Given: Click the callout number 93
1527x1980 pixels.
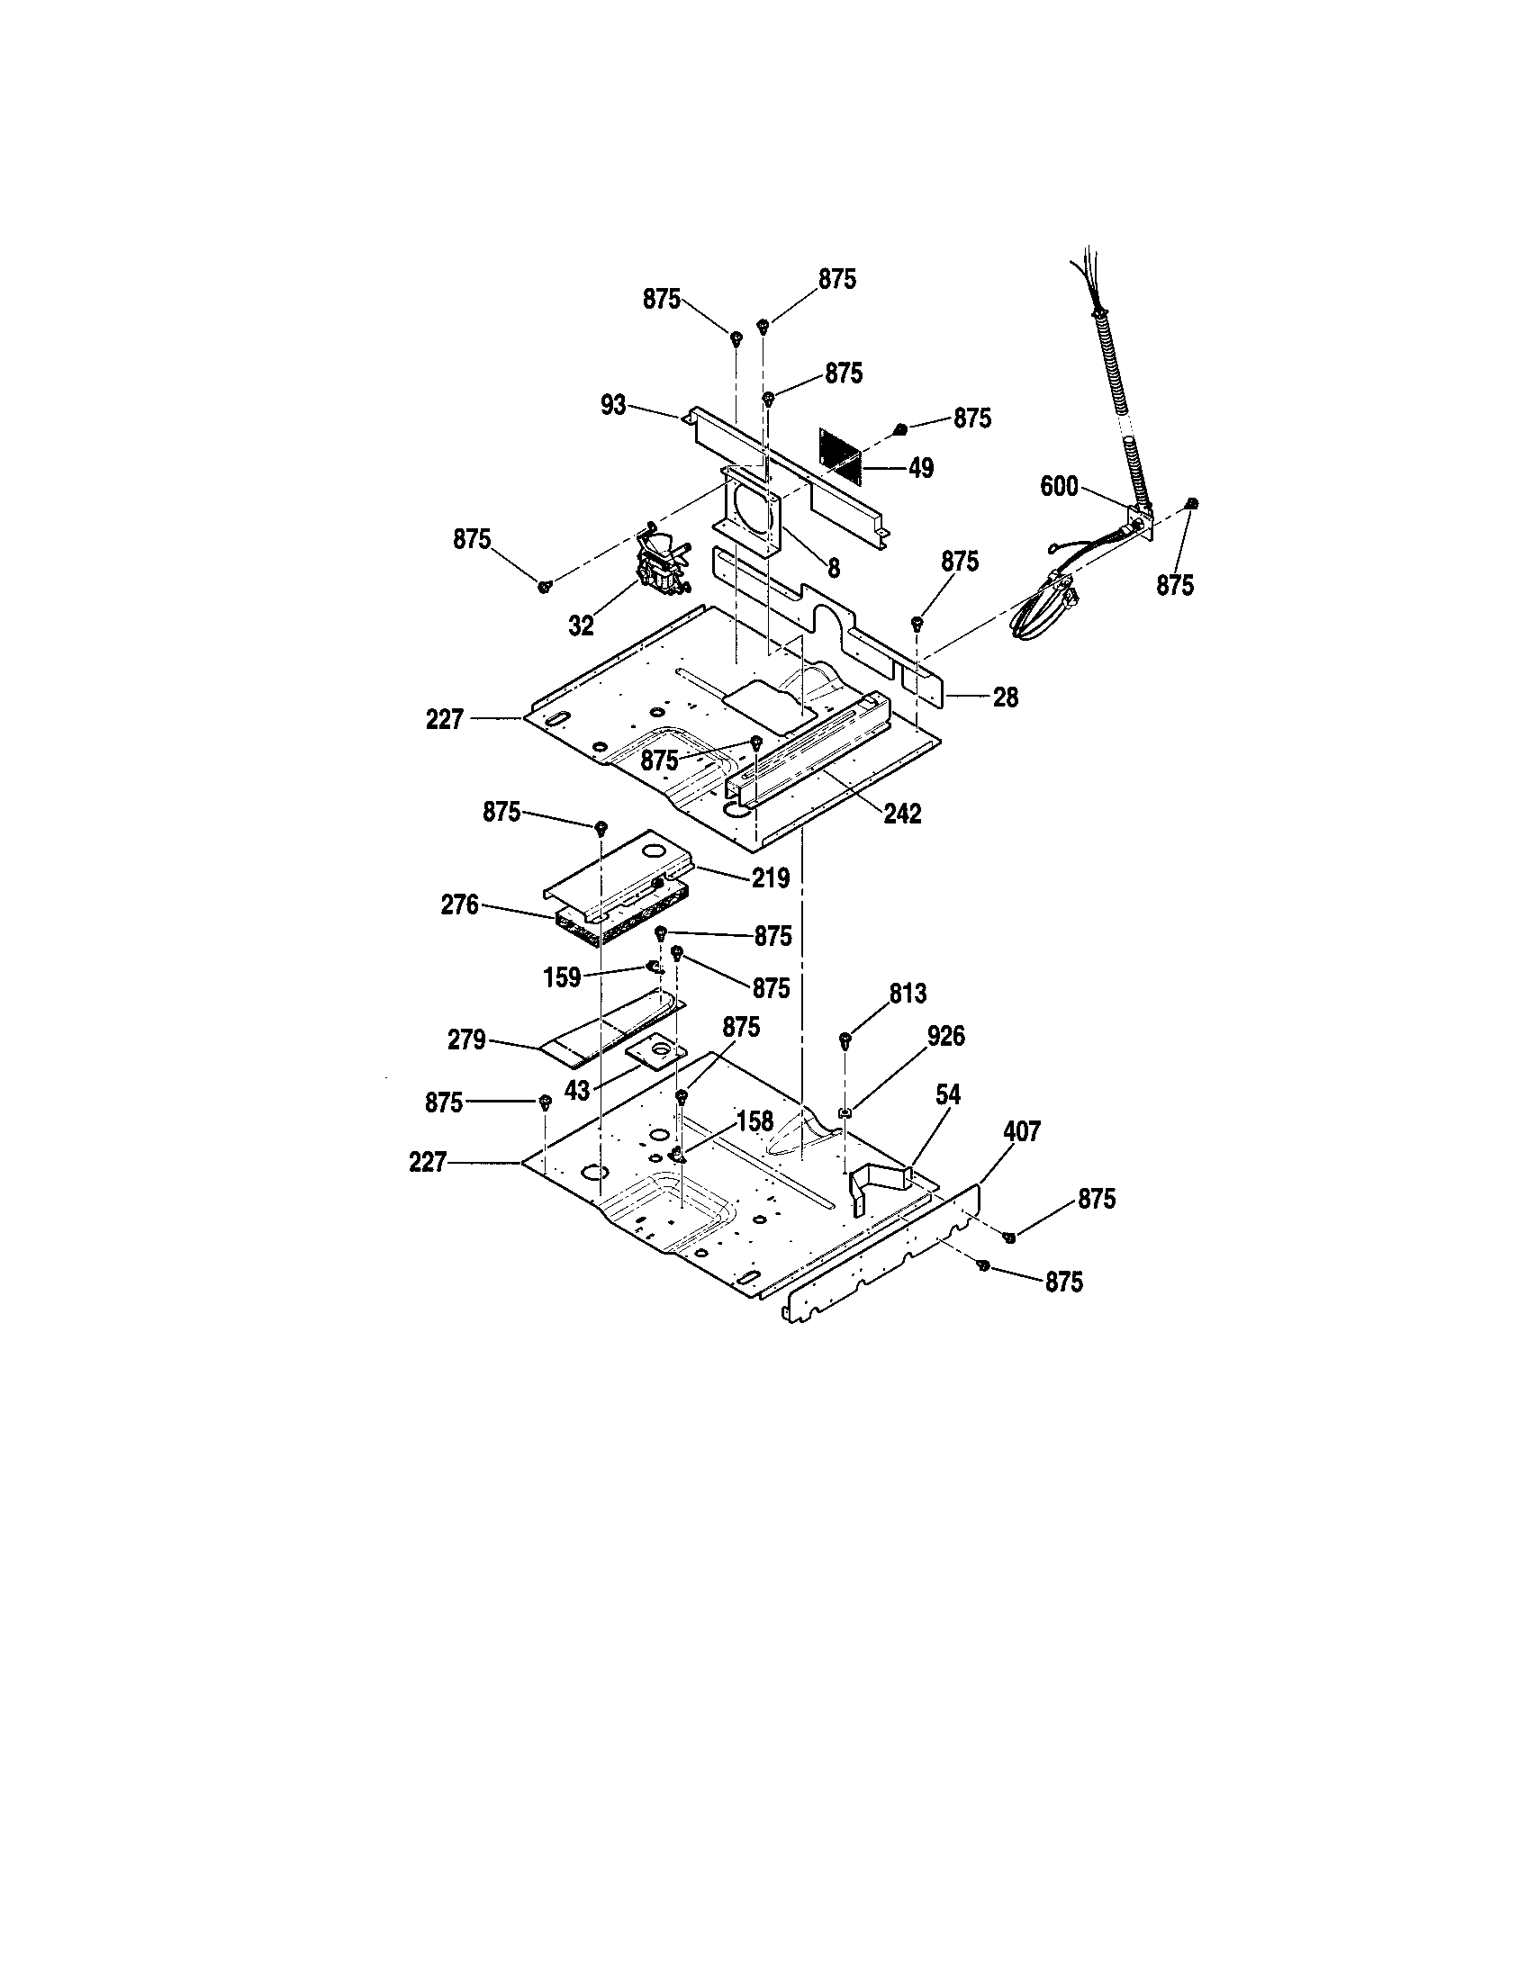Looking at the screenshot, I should tap(613, 405).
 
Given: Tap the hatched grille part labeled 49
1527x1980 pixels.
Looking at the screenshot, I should tap(840, 454).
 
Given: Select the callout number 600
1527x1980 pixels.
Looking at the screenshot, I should tap(1058, 487).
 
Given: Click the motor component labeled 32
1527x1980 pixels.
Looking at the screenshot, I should tap(660, 562).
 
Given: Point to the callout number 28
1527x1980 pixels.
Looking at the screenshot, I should tap(1006, 697).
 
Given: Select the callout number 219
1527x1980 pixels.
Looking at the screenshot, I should tap(770, 877).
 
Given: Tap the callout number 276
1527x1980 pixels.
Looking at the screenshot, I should tap(459, 904).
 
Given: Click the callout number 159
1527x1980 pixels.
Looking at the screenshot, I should tap(561, 977).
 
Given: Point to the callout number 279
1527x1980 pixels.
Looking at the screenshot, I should tap(466, 1039).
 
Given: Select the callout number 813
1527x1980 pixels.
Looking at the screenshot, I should tap(908, 994).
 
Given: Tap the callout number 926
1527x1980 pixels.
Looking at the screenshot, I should tap(945, 1035).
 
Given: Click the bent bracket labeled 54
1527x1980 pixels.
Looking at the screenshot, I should tap(877, 1183).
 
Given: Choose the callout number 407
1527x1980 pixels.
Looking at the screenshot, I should tap(1022, 1131).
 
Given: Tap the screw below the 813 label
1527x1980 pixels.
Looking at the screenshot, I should tap(845, 1038).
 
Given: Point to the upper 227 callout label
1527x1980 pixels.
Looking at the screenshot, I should tap(444, 720).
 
